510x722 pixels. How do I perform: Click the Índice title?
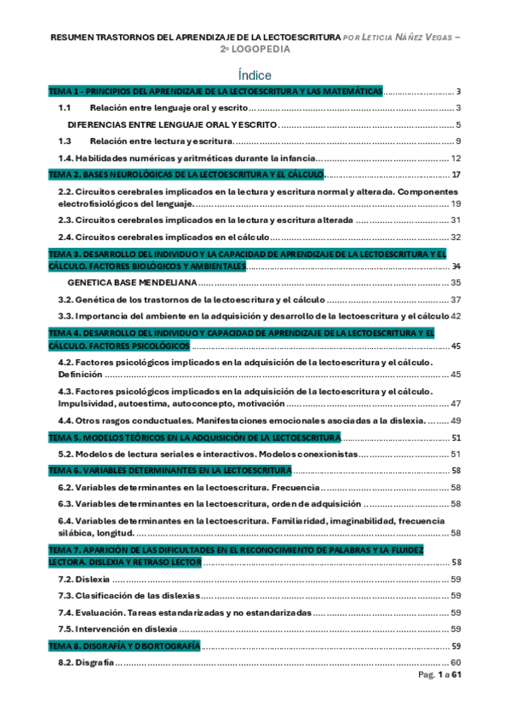[255, 75]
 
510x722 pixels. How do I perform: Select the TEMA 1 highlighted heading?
[215, 92]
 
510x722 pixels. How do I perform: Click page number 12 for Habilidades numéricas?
[456, 158]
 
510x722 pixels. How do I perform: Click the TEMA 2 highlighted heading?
[186, 175]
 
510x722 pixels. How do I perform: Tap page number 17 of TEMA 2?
[456, 175]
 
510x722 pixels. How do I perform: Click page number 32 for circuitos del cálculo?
[456, 237]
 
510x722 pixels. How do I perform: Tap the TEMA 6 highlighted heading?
[170, 471]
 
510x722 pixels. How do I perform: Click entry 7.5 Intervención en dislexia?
[117, 629]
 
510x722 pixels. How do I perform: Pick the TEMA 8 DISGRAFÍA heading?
[124, 646]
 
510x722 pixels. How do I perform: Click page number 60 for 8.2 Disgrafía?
[456, 662]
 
